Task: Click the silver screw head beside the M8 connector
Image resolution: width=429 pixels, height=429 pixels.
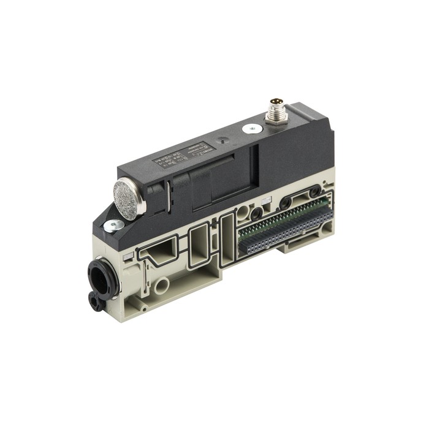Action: pyautogui.click(x=249, y=129)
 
